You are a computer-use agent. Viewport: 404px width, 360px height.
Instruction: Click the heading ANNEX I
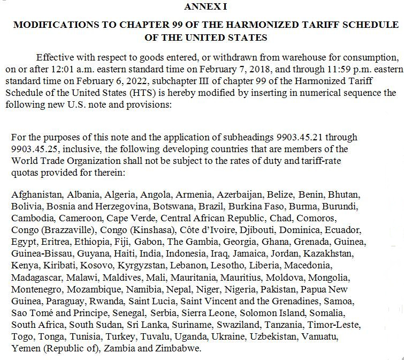(205, 6)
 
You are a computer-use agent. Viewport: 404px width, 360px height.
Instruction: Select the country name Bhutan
(344, 194)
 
